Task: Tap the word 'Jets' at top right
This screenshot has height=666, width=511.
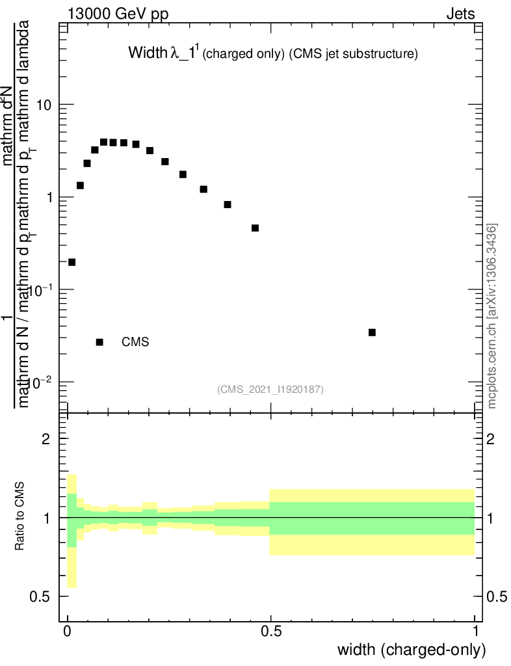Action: pyautogui.click(x=460, y=14)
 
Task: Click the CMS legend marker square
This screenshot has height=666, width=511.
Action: pyautogui.click(x=99, y=342)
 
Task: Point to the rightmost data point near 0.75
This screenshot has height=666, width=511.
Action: pyautogui.click(x=372, y=332)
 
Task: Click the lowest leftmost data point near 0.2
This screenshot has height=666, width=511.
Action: pyautogui.click(x=72, y=262)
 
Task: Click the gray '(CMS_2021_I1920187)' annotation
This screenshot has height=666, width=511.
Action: pyautogui.click(x=270, y=390)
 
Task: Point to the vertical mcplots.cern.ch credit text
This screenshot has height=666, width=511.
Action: pyautogui.click(x=492, y=315)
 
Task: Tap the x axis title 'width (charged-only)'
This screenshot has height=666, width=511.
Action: pyautogui.click(x=411, y=650)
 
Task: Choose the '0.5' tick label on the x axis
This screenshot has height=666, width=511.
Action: pyautogui.click(x=271, y=631)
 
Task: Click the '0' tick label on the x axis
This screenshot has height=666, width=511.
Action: pyautogui.click(x=68, y=631)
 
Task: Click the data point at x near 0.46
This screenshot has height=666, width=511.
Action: pyautogui.click(x=255, y=228)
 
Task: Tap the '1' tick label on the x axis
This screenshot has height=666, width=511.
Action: pyautogui.click(x=475, y=631)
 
